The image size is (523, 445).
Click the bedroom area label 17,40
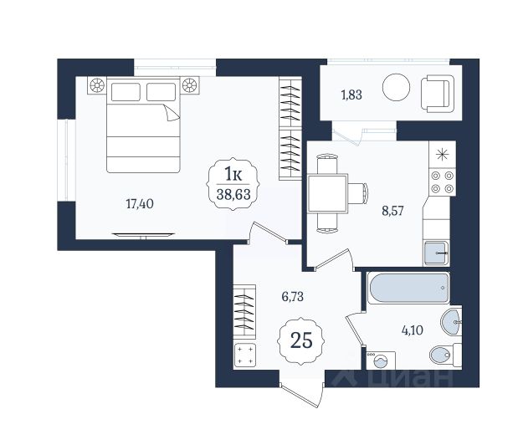point(140,203)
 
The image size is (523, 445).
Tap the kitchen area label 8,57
point(392,211)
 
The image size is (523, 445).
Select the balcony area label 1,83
point(351,95)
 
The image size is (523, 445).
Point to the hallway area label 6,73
point(293,296)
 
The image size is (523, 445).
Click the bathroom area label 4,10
point(413,330)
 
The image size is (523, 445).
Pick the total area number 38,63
point(233,194)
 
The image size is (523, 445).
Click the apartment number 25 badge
point(301,340)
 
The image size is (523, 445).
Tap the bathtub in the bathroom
point(408,288)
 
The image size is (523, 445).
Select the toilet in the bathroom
point(445,355)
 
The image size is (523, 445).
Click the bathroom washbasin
point(451,322)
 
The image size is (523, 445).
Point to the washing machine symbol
point(381,361)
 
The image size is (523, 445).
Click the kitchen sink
point(437,253)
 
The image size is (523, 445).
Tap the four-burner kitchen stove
point(443,182)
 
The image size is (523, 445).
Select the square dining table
point(327,193)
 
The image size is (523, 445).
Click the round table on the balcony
point(396,87)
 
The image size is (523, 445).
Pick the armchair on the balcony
point(438,94)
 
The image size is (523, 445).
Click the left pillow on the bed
point(126,92)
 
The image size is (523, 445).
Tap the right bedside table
point(190,85)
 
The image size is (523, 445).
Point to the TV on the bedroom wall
point(143,235)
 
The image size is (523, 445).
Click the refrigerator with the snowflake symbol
point(443,155)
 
